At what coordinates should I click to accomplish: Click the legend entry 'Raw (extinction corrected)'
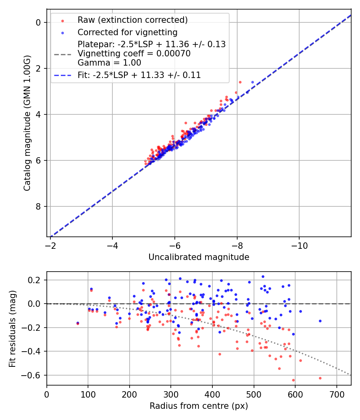click(x=132, y=20)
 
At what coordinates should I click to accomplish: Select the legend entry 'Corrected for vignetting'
click(x=127, y=32)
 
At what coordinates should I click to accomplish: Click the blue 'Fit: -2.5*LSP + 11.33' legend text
click(x=139, y=75)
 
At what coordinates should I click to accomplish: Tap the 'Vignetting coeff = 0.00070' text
click(x=134, y=54)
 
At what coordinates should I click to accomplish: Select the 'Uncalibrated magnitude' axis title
click(x=199, y=257)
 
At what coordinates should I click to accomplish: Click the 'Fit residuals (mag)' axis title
click(x=12, y=328)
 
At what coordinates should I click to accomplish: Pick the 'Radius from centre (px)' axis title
click(x=199, y=406)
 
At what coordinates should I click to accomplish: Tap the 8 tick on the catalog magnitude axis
click(x=39, y=206)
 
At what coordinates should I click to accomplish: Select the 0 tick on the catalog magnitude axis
click(x=39, y=22)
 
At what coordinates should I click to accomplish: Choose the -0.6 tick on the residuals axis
click(x=33, y=375)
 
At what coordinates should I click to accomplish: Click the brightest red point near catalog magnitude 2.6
click(x=240, y=82)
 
